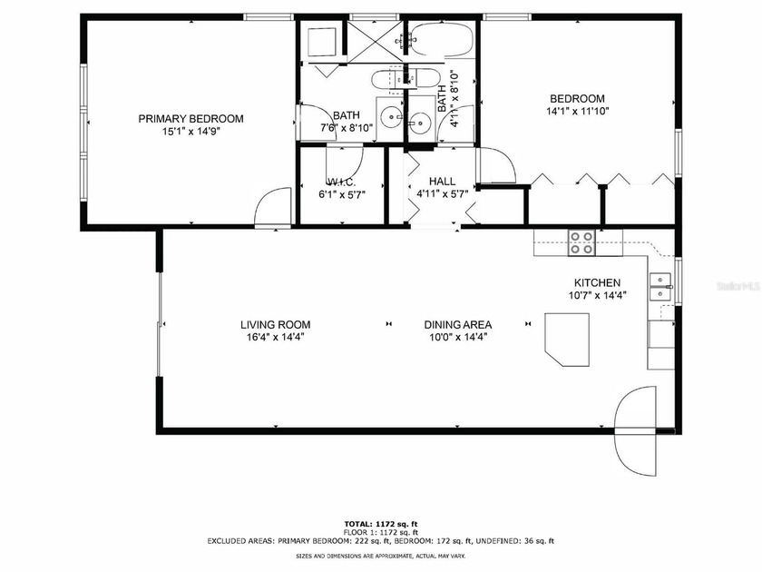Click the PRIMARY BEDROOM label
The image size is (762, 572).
(191, 119)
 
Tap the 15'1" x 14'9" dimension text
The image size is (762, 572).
(191, 132)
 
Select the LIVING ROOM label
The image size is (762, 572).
(276, 325)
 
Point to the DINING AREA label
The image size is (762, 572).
(458, 325)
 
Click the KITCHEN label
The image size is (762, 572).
(597, 282)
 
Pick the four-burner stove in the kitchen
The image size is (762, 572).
(582, 242)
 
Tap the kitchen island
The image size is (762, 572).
(567, 340)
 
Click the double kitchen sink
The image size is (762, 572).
(661, 288)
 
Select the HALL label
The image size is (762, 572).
(443, 182)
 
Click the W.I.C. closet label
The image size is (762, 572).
(342, 182)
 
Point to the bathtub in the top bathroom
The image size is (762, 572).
(441, 40)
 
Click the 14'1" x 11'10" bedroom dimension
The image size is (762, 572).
(577, 112)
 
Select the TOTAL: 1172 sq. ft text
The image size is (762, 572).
(381, 524)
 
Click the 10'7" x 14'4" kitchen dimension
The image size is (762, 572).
(597, 295)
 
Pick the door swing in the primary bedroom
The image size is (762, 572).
(273, 206)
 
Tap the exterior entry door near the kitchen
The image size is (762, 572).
(636, 431)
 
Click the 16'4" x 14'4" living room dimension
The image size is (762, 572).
(276, 338)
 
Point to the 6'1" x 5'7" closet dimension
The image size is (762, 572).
(342, 195)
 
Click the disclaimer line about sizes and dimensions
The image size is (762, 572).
(381, 556)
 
